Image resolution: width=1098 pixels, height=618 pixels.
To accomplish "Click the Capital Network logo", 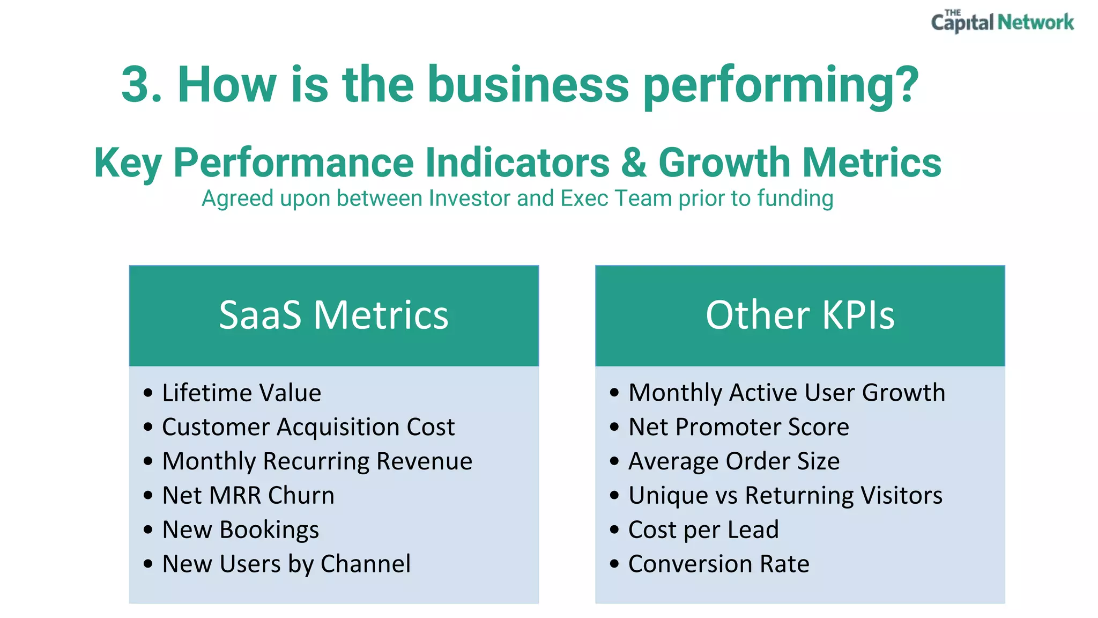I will tap(1002, 22).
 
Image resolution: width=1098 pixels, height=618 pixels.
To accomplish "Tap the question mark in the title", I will tap(904, 85).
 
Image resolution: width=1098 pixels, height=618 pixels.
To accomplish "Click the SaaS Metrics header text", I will tap(333, 315).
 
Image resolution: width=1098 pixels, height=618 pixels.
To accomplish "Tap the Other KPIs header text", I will tap(800, 315).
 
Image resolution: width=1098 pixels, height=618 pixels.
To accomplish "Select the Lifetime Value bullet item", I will tap(241, 393).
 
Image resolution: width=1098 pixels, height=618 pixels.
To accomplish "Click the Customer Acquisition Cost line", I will tap(308, 427).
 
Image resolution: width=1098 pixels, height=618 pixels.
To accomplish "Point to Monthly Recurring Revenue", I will tap(317, 461).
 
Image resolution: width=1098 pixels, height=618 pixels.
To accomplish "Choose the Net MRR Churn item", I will tap(248, 495).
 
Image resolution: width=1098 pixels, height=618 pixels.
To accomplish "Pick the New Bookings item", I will tap(240, 530).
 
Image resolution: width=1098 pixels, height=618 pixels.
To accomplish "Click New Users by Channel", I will tap(286, 564).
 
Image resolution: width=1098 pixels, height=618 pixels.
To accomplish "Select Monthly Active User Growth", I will tap(787, 393).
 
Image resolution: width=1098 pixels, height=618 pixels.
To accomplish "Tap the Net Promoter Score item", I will tap(738, 427).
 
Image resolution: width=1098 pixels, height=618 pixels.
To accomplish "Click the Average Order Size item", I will tap(733, 461).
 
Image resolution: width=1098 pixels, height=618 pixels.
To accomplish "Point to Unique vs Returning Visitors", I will tap(785, 495).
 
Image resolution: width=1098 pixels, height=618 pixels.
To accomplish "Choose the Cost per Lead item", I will tap(703, 530).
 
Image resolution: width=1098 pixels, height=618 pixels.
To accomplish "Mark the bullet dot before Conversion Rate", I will tap(614, 564).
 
